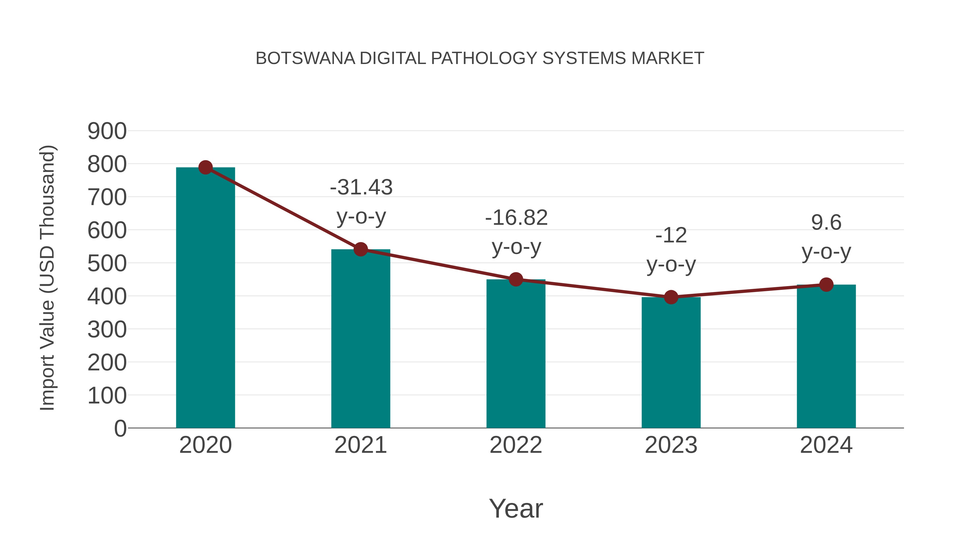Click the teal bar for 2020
pyautogui.click(x=205, y=298)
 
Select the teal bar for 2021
pyautogui.click(x=360, y=339)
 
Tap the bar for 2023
pyautogui.click(x=671, y=363)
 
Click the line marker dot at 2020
pyautogui.click(x=205, y=167)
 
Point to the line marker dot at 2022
pyautogui.click(x=516, y=279)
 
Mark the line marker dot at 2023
pyautogui.click(x=671, y=297)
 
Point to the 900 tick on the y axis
pyautogui.click(x=107, y=131)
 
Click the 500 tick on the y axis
pyautogui.click(x=107, y=263)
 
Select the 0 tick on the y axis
pyautogui.click(x=120, y=428)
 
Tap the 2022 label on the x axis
pyautogui.click(x=516, y=445)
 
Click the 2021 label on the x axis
pyautogui.click(x=360, y=445)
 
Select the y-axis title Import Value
pyautogui.click(x=48, y=278)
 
